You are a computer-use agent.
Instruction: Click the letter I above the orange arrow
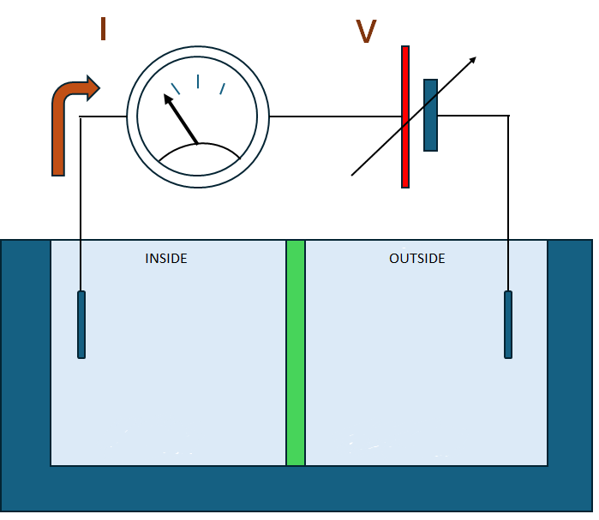103,28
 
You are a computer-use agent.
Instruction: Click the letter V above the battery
366,32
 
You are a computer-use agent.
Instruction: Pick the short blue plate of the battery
430,115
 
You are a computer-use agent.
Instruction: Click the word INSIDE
166,258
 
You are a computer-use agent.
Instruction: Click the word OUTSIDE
416,258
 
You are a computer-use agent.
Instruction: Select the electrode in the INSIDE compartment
81,325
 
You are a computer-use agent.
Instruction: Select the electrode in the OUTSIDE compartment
508,325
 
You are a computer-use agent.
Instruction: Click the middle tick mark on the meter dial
198,81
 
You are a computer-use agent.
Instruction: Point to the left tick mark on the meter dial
176,87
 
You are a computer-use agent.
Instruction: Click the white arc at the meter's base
199,159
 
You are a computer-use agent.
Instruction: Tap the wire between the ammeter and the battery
334,117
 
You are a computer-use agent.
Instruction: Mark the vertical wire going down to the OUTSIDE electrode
508,206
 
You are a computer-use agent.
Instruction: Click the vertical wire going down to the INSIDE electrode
81,206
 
